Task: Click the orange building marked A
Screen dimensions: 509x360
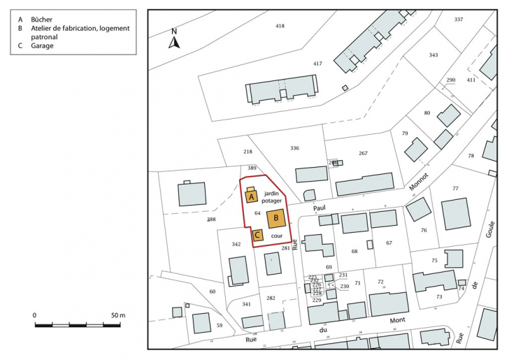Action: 250,197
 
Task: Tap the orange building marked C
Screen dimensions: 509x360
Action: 257,236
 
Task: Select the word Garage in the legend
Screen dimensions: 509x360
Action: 42,46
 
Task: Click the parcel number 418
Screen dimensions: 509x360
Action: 280,26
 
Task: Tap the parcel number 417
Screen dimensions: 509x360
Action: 317,64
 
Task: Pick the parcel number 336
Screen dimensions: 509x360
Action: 294,148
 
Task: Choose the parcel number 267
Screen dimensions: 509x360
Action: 363,153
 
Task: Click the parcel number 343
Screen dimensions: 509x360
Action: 433,55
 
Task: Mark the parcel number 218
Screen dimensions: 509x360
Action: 248,152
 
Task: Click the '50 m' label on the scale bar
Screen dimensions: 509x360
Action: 117,316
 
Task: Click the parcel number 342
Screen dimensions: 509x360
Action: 236,244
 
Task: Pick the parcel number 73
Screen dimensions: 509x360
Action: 439,297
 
